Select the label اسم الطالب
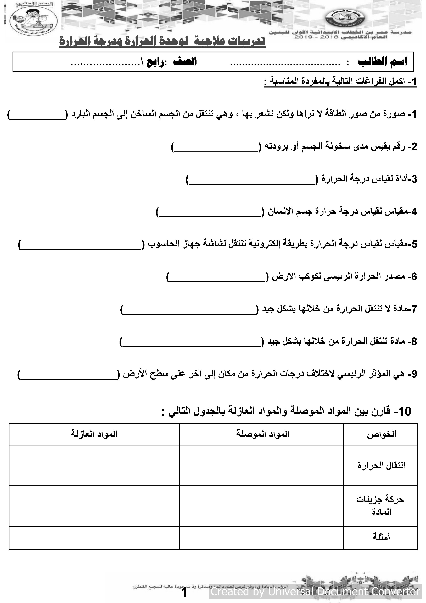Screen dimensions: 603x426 pos(382,62)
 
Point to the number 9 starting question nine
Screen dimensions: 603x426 pos(414,374)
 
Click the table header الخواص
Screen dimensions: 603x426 pos(381,434)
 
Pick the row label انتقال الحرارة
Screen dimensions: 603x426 pos(381,466)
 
